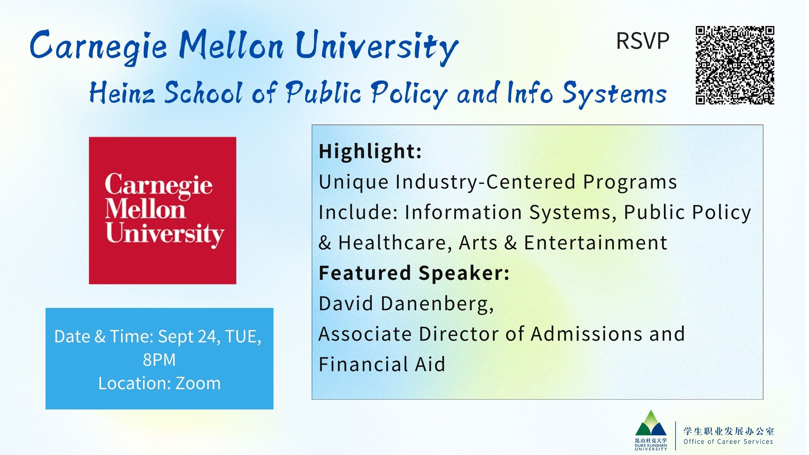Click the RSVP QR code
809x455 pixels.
pos(735,65)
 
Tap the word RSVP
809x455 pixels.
pos(642,41)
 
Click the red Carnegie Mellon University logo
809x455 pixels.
pos(163,210)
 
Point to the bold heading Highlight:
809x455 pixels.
pos(370,152)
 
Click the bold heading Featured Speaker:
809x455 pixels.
pos(414,273)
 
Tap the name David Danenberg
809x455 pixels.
pos(406,304)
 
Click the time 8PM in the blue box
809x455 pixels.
pos(159,360)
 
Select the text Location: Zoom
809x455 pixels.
pos(160,383)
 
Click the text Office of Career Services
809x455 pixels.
pos(728,442)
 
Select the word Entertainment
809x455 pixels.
pos(596,243)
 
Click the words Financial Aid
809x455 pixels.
pos(382,364)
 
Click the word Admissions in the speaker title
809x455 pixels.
pos(587,334)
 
